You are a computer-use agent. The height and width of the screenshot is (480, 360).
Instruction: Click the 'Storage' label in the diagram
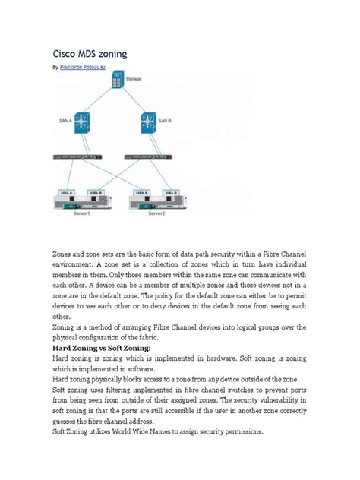pyautogui.click(x=134, y=78)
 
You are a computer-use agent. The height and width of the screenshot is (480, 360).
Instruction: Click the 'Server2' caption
pyautogui.click(x=157, y=213)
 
